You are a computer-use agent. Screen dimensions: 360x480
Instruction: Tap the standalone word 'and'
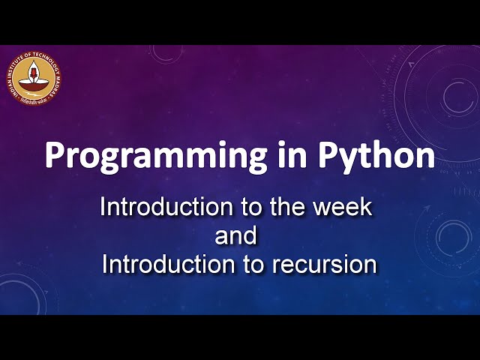(x=236, y=235)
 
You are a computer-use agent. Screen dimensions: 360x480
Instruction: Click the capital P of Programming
(x=55, y=156)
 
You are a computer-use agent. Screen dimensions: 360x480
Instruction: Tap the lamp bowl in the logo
(x=35, y=82)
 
